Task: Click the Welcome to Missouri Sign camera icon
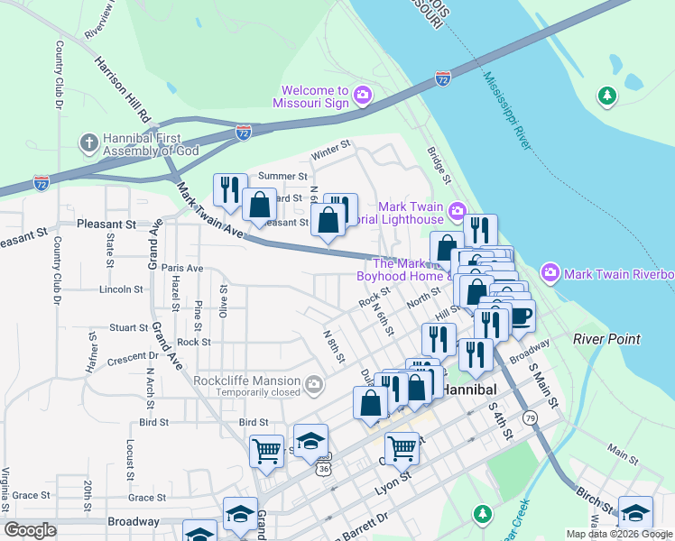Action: [x=362, y=95]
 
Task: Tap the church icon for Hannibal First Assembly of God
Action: [x=88, y=142]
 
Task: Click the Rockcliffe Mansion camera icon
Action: [x=314, y=386]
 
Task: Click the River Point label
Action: [x=606, y=339]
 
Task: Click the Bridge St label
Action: [x=439, y=162]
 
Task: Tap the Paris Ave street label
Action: [x=182, y=268]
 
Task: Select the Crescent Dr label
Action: [x=133, y=358]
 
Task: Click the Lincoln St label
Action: [x=121, y=289]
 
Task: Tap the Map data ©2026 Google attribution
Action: [x=618, y=534]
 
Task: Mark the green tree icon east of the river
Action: [x=608, y=95]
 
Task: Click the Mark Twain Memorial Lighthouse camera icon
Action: [x=457, y=212]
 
